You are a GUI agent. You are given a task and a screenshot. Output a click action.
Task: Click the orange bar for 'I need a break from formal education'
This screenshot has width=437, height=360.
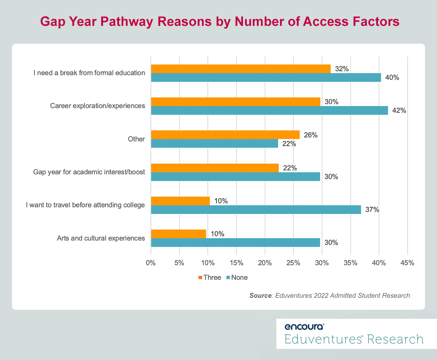click(x=241, y=69)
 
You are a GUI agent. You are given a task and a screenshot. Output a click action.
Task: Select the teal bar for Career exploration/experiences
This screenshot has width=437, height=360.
click(x=269, y=111)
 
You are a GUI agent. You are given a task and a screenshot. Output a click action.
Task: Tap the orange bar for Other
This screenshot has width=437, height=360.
click(x=225, y=135)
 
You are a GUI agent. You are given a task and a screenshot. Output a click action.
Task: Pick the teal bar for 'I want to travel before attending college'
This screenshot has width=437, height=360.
click(x=256, y=210)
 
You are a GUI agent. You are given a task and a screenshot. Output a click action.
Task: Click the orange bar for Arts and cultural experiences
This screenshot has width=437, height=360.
click(x=178, y=234)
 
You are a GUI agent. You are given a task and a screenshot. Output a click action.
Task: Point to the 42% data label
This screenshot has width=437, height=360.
click(x=398, y=111)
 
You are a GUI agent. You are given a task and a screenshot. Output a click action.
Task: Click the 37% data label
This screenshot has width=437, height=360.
click(x=372, y=210)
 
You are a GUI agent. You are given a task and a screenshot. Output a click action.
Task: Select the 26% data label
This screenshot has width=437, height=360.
click(x=310, y=135)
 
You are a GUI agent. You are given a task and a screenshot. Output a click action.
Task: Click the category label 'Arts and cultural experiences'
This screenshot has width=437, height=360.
click(x=101, y=238)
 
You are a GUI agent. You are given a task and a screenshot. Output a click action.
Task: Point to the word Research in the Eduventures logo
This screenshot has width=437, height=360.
click(x=395, y=339)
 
